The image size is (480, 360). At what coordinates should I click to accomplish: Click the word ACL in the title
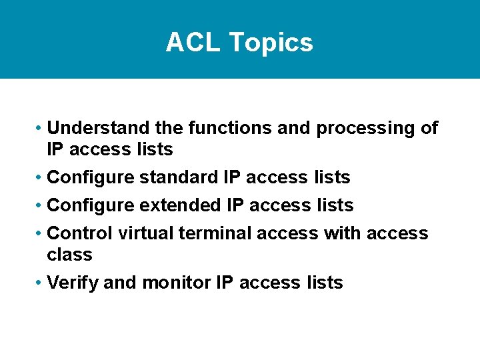coord(193,43)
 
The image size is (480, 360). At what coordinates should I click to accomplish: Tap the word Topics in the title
coord(271,43)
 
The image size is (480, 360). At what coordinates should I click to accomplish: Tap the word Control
coord(81,233)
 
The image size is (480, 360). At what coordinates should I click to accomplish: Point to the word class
coord(69,255)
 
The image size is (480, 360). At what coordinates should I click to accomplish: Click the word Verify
coord(73,283)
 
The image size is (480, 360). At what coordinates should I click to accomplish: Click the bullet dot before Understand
coord(41,129)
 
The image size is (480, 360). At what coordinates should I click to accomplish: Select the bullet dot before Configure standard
coord(41,178)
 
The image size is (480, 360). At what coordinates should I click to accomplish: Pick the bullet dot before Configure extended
coord(41,206)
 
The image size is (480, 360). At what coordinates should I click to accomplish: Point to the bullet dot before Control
coord(41,234)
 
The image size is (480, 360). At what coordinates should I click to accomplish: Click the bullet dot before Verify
coord(41,283)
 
